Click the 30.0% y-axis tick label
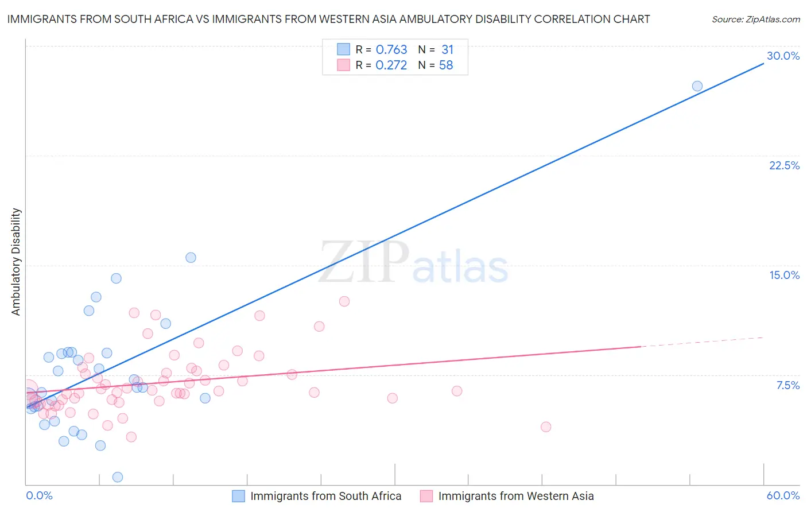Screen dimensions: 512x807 click(x=783, y=56)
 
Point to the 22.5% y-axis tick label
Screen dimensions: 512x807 click(x=784, y=165)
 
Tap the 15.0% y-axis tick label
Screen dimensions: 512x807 click(x=784, y=275)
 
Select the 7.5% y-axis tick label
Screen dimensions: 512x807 click(x=787, y=385)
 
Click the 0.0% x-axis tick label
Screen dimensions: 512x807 click(x=39, y=495)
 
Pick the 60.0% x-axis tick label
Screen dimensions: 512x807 click(x=783, y=495)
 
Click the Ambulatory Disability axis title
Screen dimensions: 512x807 click(x=16, y=262)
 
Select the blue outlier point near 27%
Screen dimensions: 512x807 click(x=697, y=86)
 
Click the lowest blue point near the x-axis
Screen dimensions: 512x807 click(x=118, y=477)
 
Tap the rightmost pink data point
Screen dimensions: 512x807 click(x=546, y=426)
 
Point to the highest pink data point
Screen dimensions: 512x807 click(x=344, y=301)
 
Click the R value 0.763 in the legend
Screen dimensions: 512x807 click(x=391, y=50)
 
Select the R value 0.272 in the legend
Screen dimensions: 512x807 click(x=391, y=65)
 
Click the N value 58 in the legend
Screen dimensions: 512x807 click(x=446, y=65)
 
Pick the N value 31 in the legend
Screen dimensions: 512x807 click(x=447, y=50)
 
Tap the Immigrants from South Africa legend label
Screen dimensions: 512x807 click(x=325, y=496)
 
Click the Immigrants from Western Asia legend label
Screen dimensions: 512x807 click(x=515, y=496)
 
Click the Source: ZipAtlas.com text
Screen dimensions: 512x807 click(x=755, y=20)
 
